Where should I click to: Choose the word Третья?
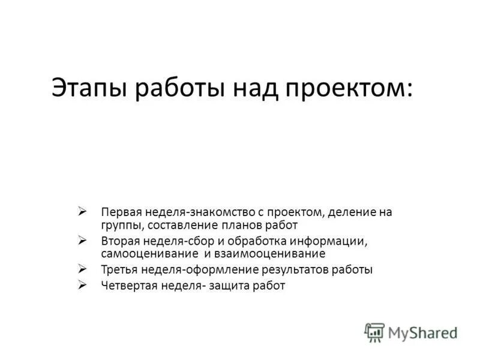pos(119,270)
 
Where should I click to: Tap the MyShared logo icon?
pos(374,332)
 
